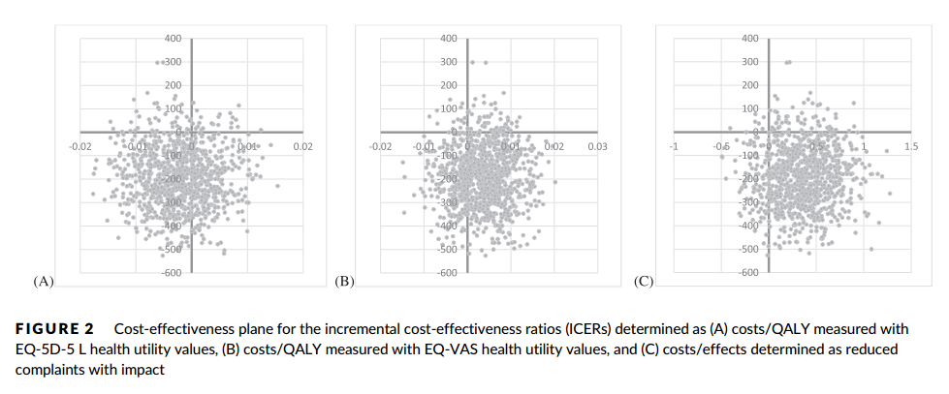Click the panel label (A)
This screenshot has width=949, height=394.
43,282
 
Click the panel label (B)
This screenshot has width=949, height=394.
344,282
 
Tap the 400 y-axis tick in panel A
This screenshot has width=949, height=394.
174,39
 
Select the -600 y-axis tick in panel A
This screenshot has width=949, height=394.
172,274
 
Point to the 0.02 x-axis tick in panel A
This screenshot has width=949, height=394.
302,146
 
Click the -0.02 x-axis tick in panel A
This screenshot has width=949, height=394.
79,146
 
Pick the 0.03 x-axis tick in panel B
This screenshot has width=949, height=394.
598,146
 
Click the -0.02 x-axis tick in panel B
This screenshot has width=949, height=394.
381,146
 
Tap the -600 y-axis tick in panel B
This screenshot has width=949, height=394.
447,274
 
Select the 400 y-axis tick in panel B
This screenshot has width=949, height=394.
449,39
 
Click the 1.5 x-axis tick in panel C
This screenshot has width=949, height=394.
910,146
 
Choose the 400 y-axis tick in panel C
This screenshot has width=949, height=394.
750,39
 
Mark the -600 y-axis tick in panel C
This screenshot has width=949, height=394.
748,274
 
